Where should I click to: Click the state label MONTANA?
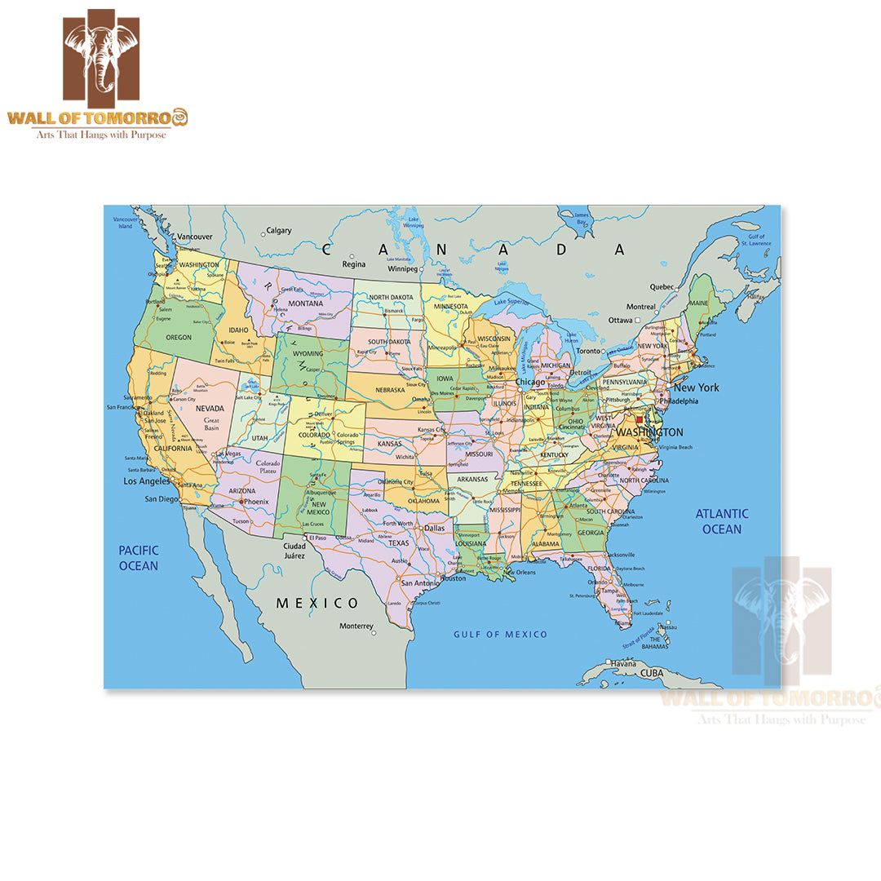coord(306,303)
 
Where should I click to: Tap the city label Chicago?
coord(529,382)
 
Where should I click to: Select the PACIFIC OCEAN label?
coord(139,558)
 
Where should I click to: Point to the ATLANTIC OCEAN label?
coord(722,521)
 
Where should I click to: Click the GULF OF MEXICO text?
coord(500,634)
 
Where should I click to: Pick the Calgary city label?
coord(279,231)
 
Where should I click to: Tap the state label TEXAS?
coord(398,542)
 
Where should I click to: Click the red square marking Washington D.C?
coord(640,420)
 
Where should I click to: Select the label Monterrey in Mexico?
coord(356,626)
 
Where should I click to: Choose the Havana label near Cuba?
coord(622,663)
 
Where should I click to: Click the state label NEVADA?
coord(210,408)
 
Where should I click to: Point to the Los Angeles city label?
coord(147,481)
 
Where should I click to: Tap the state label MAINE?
coord(699,303)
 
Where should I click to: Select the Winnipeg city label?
coord(402,268)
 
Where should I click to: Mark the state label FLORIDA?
coord(600,569)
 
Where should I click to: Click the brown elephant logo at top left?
coord(101,55)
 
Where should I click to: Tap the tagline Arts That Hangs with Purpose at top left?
coord(99,134)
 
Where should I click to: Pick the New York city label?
coord(696,387)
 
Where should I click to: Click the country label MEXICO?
coord(317,603)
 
